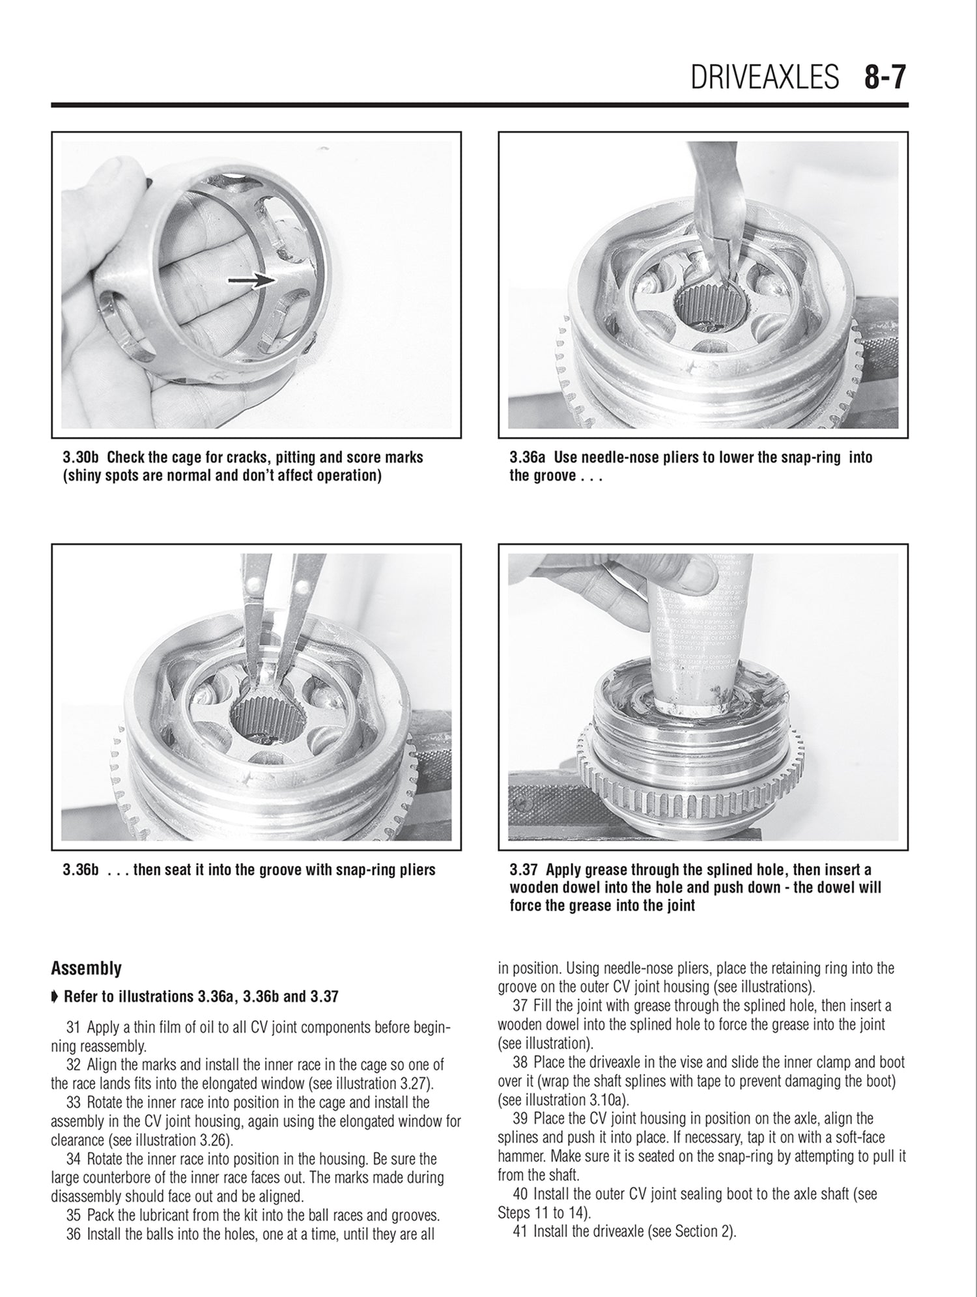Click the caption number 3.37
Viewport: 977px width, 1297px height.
point(524,870)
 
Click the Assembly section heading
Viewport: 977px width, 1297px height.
point(87,968)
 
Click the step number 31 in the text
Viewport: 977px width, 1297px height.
point(74,1028)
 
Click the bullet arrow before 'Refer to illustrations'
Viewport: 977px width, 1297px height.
point(55,997)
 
